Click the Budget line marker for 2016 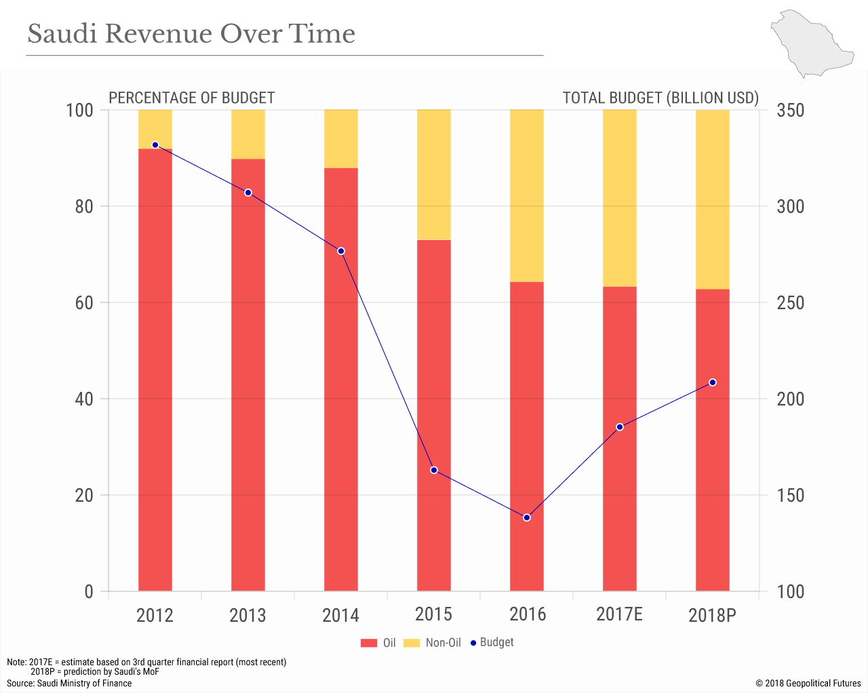coord(527,517)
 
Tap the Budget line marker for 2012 coord(155,145)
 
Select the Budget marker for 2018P coord(713,382)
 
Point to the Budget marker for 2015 coord(434,470)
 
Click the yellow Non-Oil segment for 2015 coord(434,175)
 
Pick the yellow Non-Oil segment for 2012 coord(155,129)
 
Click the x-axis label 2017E coord(619,614)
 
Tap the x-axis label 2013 coord(248,616)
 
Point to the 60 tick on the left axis coord(84,302)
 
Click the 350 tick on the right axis coord(790,110)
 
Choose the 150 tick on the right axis coord(790,495)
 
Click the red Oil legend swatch coord(369,643)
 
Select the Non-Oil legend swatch coord(412,643)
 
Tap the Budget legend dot coord(473,642)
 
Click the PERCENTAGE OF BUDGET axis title coord(192,98)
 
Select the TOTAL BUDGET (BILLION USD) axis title coord(660,98)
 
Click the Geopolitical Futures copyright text coord(808,683)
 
